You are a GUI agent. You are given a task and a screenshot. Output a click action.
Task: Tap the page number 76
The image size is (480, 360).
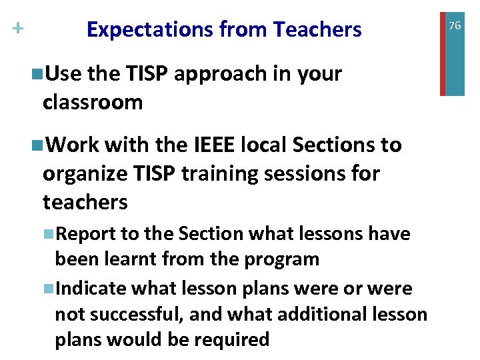click(x=455, y=25)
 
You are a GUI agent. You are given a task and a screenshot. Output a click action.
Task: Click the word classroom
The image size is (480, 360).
click(x=93, y=102)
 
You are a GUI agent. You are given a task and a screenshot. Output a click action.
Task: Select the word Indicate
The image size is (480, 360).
click(x=93, y=289)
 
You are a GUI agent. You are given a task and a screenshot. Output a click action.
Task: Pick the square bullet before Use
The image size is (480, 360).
click(x=37, y=74)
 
